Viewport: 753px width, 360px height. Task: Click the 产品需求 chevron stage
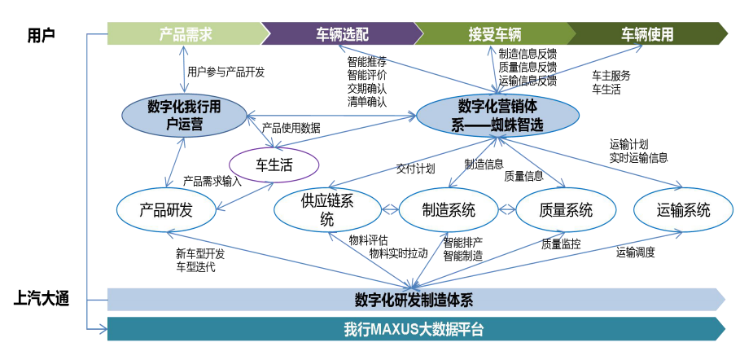pyautogui.click(x=186, y=34)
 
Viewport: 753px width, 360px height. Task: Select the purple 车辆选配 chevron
pyautogui.click(x=342, y=34)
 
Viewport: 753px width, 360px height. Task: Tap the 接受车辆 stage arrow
pyautogui.click(x=494, y=34)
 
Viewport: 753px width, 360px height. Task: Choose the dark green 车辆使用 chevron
pyautogui.click(x=647, y=34)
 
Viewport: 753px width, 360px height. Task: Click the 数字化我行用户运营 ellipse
pyautogui.click(x=185, y=115)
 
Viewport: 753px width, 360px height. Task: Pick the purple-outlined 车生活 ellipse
pyautogui.click(x=274, y=165)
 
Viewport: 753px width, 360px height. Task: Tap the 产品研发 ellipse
pyautogui.click(x=166, y=210)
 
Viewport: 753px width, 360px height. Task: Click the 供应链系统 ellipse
pyautogui.click(x=326, y=210)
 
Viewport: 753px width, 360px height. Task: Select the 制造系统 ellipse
pyautogui.click(x=449, y=210)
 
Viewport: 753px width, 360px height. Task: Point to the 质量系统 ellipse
pyautogui.click(x=566, y=210)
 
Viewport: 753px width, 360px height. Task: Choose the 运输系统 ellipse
pyautogui.click(x=683, y=210)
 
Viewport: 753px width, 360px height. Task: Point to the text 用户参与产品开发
pyautogui.click(x=225, y=72)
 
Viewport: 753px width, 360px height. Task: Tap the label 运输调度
pyautogui.click(x=635, y=252)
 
